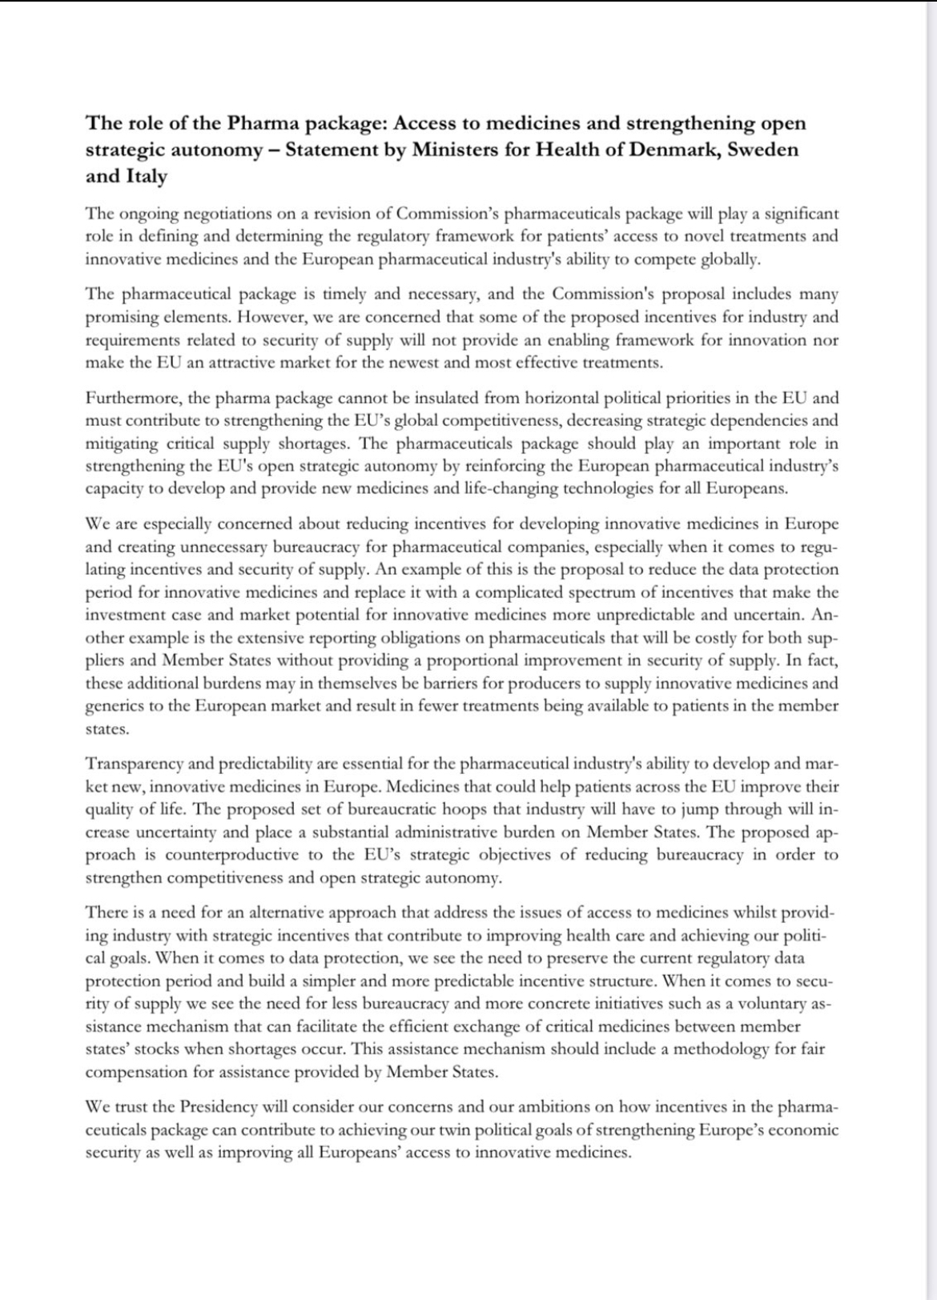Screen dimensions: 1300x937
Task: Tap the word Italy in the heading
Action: (x=144, y=176)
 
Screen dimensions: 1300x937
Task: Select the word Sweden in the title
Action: (x=762, y=150)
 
